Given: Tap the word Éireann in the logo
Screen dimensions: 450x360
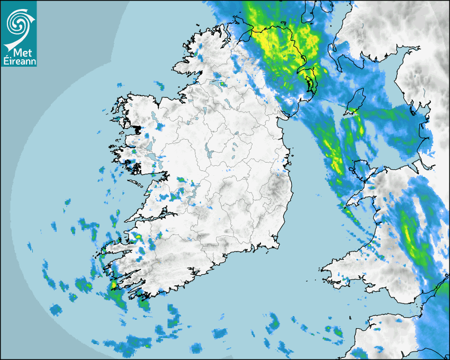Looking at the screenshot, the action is point(19,61).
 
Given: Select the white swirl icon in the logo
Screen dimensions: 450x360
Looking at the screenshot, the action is point(19,24).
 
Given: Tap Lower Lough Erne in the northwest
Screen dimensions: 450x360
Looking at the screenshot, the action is point(216,83).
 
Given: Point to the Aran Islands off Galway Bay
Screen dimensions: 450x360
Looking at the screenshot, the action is point(139,184).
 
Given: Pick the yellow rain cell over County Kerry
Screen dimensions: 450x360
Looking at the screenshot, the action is point(136,236).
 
